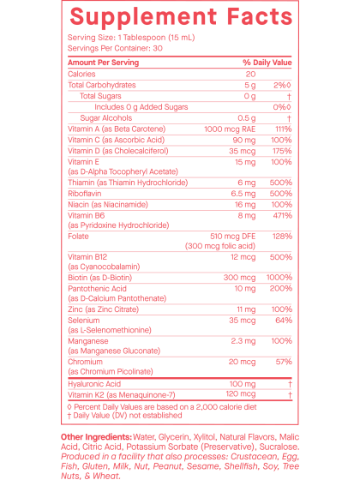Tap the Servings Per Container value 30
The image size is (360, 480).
tap(158, 48)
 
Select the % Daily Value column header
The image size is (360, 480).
tap(267, 63)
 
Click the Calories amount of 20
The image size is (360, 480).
tap(250, 74)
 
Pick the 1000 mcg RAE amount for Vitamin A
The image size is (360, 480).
tap(230, 129)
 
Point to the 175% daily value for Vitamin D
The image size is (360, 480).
tap(282, 151)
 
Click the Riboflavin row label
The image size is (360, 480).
tap(85, 194)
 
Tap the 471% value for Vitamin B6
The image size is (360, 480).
tap(282, 215)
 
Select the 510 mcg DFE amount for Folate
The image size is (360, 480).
tap(232, 237)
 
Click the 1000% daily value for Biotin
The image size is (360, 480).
tap(279, 278)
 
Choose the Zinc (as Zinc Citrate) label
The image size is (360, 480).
tap(103, 309)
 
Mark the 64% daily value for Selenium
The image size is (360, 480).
tap(284, 321)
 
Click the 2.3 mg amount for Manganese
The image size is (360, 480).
tap(243, 341)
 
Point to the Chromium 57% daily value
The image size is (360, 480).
tap(284, 362)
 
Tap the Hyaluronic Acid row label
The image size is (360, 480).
tap(94, 384)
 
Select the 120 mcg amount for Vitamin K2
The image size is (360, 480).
tap(241, 394)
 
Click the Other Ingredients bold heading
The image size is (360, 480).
tap(96, 437)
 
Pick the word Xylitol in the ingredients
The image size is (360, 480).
tap(205, 437)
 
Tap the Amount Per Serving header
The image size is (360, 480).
tap(103, 63)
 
